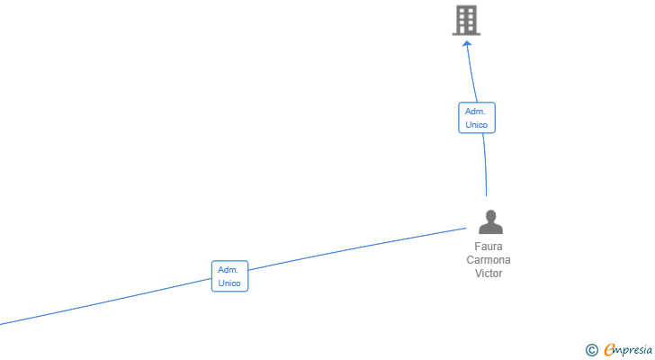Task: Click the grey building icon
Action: [x=466, y=20]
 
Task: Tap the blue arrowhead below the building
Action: [x=467, y=43]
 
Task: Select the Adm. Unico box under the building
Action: [x=476, y=118]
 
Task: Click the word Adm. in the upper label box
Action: [x=476, y=112]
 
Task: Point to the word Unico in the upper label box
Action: [x=476, y=125]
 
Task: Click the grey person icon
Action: [x=490, y=221]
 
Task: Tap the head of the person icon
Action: [x=490, y=215]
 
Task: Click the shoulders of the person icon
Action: [x=490, y=229]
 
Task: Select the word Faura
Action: [x=489, y=247]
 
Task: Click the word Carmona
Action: [x=489, y=260]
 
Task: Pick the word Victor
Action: [x=489, y=274]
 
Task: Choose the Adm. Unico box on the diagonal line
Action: [x=229, y=276]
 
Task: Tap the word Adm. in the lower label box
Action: [x=229, y=270]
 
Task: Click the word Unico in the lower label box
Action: [x=229, y=283]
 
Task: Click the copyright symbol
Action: [x=591, y=350]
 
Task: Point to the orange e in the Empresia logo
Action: [x=609, y=350]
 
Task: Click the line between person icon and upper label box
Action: [x=485, y=166]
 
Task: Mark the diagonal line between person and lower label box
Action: [x=360, y=249]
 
